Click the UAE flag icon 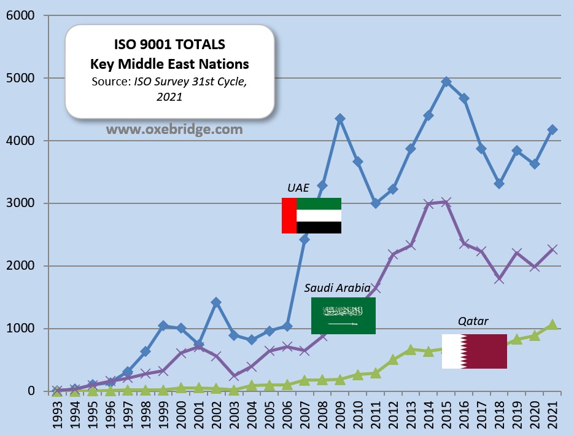click(x=311, y=216)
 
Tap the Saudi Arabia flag click(x=343, y=316)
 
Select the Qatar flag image click(x=475, y=351)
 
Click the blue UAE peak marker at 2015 click(x=446, y=82)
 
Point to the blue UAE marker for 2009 click(x=340, y=119)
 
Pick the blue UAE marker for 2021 click(x=552, y=130)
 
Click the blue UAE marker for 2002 click(x=216, y=302)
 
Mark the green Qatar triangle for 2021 click(x=552, y=324)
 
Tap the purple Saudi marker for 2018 click(x=499, y=278)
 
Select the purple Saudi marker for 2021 click(x=552, y=249)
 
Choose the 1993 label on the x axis click(x=56, y=416)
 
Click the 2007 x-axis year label click(x=304, y=416)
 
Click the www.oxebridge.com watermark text click(x=174, y=130)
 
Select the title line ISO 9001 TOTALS click(x=169, y=45)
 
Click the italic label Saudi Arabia click(x=338, y=288)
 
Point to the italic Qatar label click(x=473, y=321)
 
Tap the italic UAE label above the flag click(x=298, y=188)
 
